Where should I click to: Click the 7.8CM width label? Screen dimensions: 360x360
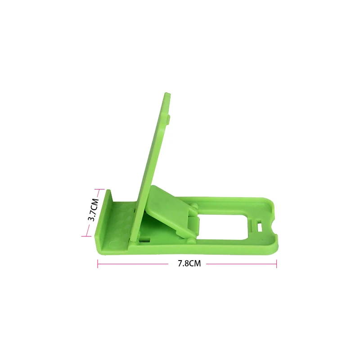(189, 264)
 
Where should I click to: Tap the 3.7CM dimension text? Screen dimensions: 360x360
(94, 210)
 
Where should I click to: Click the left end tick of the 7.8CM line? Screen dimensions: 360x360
(98, 264)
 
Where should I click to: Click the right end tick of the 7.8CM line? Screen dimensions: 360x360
(276, 264)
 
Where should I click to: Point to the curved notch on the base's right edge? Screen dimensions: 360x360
(273, 225)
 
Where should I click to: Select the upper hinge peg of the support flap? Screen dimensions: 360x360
(195, 206)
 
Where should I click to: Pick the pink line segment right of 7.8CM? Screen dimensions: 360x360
(241, 264)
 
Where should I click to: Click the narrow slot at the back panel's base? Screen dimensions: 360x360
(144, 237)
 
